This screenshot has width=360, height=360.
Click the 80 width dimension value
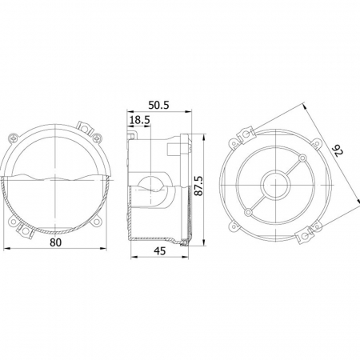55,242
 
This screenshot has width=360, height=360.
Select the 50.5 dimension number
158,105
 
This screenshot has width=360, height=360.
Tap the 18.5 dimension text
140,120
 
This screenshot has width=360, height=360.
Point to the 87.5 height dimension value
199,186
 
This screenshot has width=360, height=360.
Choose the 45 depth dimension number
160,250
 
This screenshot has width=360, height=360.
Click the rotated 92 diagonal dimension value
338,151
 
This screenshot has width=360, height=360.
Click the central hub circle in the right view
275,185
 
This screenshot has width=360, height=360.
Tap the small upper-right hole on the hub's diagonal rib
302,158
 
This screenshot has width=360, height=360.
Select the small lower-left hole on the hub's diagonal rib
248,212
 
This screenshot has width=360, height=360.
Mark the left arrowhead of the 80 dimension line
6,249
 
